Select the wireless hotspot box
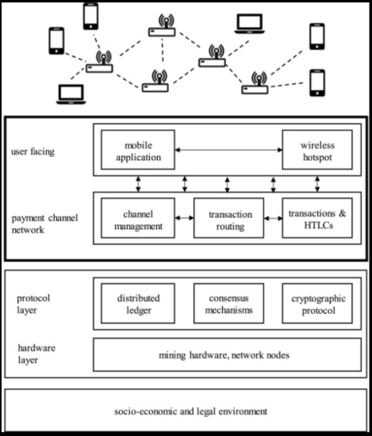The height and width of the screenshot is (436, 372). click(311, 151)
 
